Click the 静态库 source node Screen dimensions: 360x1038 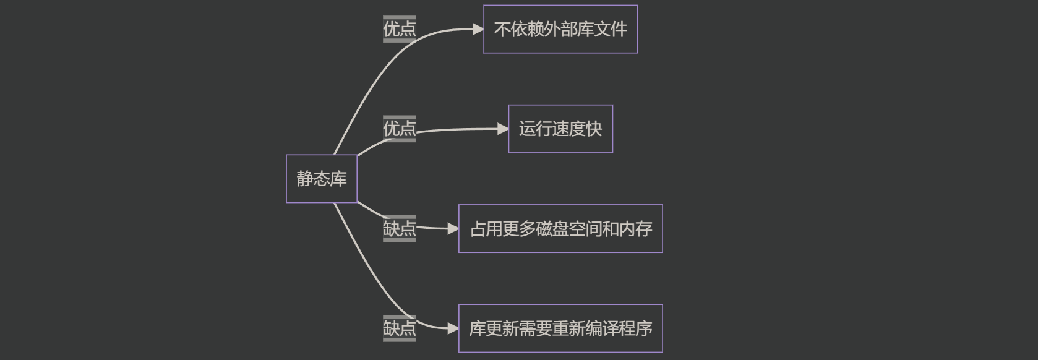[x=321, y=179]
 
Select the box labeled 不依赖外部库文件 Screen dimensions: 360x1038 [x=560, y=29]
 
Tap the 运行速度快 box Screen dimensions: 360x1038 [x=560, y=129]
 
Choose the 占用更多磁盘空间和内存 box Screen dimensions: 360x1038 [x=560, y=229]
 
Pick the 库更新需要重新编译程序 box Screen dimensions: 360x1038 [x=560, y=328]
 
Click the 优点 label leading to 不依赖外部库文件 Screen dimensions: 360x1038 [x=399, y=29]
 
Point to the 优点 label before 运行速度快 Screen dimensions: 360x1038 [x=399, y=129]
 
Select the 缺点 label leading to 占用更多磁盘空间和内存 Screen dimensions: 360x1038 [x=399, y=229]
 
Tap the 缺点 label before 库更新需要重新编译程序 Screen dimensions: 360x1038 [x=399, y=328]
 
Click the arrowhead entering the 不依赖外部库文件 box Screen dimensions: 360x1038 [x=478, y=29]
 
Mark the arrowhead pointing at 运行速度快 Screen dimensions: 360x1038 [x=503, y=129]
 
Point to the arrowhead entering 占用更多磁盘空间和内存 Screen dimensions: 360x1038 [x=453, y=229]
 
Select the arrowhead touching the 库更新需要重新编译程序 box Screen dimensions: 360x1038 [x=453, y=328]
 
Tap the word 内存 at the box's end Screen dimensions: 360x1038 [x=635, y=229]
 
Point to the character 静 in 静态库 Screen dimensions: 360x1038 [x=305, y=179]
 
